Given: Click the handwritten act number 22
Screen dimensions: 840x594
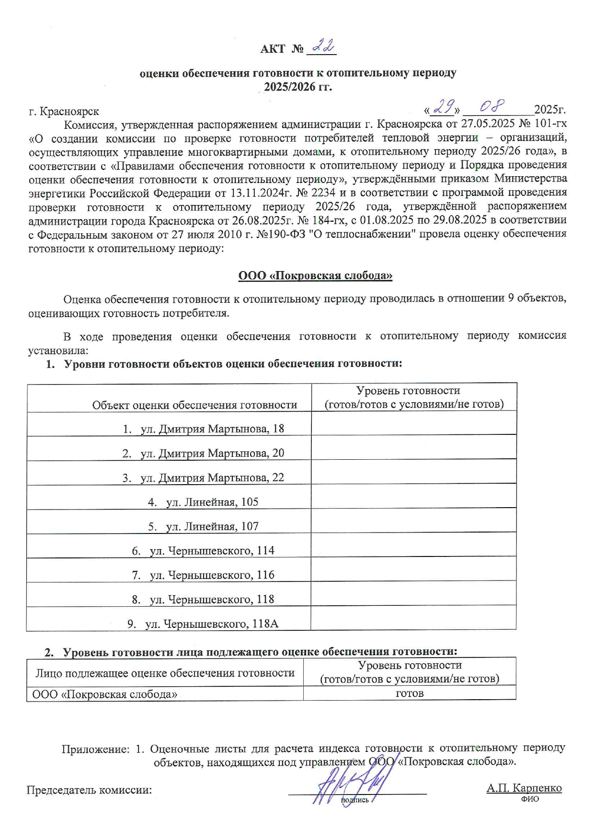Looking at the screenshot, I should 324,47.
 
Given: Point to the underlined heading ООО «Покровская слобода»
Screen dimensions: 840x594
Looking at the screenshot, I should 315,276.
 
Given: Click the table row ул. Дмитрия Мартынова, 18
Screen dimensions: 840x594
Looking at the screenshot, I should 203,429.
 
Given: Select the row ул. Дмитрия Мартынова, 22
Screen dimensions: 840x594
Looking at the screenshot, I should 203,477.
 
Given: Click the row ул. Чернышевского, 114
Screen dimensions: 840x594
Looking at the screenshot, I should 203,551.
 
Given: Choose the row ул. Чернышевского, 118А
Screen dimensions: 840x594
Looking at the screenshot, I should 203,624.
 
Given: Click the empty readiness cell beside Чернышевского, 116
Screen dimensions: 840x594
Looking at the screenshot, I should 413,569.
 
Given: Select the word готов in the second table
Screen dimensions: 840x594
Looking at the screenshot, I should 410,693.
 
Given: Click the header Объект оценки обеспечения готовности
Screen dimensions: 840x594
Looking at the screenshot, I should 194,405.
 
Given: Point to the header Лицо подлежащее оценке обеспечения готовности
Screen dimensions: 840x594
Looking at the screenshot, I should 165,673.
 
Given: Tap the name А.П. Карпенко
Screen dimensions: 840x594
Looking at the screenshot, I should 524,788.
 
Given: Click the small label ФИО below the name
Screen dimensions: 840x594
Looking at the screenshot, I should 530,799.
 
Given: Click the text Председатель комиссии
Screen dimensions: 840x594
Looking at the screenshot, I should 89,790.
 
